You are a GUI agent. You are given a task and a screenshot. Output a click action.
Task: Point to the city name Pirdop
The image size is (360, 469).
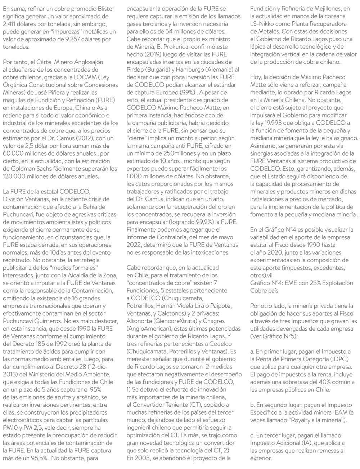(135, 70)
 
